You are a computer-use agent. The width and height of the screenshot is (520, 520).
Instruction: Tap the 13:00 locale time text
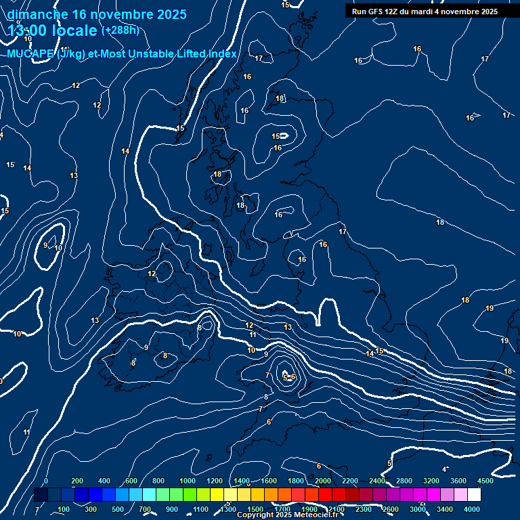(x=53, y=30)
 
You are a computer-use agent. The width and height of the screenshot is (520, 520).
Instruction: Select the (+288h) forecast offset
(x=121, y=30)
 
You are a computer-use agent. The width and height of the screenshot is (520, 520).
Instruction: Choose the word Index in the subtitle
(x=222, y=54)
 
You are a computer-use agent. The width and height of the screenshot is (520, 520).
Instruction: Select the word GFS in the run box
(x=374, y=12)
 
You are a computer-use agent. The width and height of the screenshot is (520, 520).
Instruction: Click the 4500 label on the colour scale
(x=485, y=481)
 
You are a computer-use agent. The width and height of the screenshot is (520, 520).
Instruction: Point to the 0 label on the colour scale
(x=46, y=481)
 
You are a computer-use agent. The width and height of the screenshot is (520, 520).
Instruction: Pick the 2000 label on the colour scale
(x=322, y=481)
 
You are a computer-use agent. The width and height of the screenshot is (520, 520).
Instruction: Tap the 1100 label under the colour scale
(x=200, y=509)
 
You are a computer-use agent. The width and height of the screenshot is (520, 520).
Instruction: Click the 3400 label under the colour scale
(x=445, y=509)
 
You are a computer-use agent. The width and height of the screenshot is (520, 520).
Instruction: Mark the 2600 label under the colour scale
(x=391, y=509)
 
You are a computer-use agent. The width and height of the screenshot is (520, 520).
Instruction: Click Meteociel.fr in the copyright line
(x=319, y=515)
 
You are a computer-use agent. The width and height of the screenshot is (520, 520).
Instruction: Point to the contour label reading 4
(x=444, y=469)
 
